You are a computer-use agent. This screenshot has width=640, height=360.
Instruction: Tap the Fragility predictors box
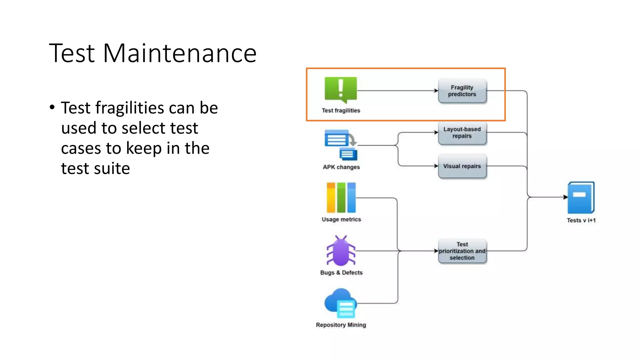(462, 91)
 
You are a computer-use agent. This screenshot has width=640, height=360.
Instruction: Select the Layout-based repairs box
(462, 132)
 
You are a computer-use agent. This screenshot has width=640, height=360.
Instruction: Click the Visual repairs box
(462, 166)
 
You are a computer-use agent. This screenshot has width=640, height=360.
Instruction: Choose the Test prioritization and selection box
(462, 251)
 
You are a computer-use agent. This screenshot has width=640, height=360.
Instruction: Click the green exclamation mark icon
(341, 89)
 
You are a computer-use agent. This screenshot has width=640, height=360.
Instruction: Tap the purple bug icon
(341, 251)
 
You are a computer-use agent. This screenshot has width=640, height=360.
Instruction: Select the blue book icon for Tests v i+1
(581, 198)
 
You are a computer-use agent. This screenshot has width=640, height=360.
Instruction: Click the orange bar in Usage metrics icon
(331, 198)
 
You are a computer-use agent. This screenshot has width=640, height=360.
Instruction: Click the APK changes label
(341, 167)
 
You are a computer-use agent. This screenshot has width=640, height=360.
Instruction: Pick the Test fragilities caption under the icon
(341, 111)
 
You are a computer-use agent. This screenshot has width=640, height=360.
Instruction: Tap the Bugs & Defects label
(341, 272)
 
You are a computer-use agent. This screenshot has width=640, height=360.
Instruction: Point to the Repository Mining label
(341, 325)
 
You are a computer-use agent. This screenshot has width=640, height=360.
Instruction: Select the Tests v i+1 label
(581, 220)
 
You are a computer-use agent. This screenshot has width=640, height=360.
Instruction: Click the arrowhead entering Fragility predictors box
(436, 91)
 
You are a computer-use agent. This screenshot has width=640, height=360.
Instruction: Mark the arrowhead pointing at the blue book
(565, 197)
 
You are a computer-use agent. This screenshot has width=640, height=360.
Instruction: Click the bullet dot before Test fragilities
(52, 107)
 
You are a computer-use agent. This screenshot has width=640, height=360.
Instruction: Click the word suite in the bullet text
(112, 168)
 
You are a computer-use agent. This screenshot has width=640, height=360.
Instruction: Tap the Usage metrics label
(341, 219)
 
